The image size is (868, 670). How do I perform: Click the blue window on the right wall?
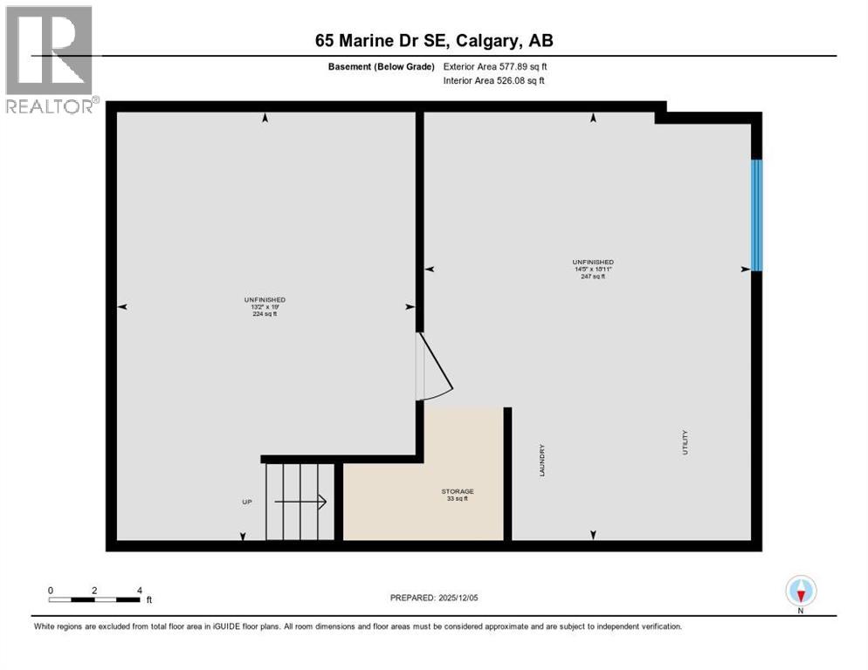[756, 215]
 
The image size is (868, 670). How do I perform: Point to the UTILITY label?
[685, 441]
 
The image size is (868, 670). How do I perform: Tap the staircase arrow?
[300, 502]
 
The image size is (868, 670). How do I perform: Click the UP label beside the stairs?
[247, 502]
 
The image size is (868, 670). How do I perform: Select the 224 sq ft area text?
[265, 314]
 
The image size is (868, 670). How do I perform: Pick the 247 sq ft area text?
[592, 277]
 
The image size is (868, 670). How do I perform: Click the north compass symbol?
[800, 591]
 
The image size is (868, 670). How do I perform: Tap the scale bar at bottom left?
[94, 598]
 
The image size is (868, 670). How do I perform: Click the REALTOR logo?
[50, 59]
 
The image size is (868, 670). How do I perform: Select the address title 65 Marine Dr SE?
[434, 40]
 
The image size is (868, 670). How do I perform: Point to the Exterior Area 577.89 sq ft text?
[495, 66]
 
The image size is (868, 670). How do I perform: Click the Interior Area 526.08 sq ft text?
[494, 81]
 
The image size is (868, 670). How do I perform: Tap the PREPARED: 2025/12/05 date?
[434, 598]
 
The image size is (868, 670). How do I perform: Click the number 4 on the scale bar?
[139, 590]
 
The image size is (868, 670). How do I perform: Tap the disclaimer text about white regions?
[357, 626]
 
